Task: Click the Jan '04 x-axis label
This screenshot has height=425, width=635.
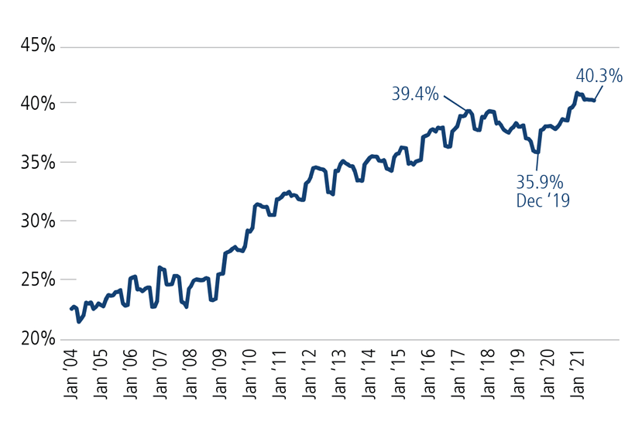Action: coord(70,377)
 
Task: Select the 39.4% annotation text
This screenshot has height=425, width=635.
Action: coord(415,94)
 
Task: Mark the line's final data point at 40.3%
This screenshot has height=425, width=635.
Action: coord(594,101)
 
